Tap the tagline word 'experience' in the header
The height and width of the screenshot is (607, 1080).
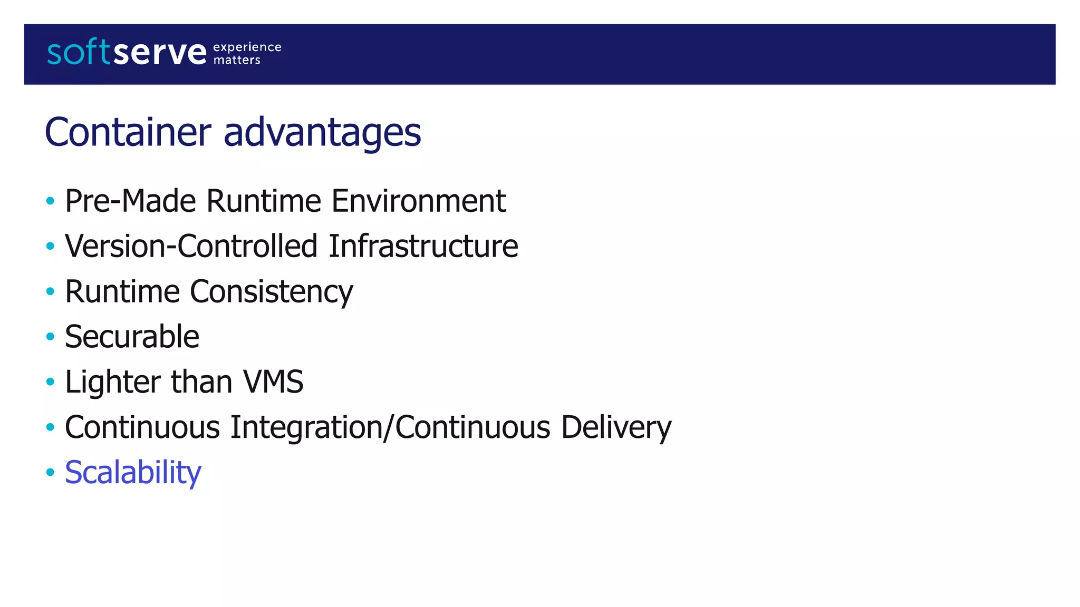[x=247, y=47]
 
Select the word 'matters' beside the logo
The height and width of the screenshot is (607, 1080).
[x=237, y=60]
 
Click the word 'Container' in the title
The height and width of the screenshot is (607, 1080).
[x=128, y=132]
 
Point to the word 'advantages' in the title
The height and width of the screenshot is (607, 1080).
[x=322, y=133]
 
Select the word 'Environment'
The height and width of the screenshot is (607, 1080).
[x=419, y=201]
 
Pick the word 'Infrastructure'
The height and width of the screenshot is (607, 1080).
[x=423, y=246]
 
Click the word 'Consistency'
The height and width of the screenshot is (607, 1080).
[x=271, y=292]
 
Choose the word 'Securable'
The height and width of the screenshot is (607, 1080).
[x=132, y=337]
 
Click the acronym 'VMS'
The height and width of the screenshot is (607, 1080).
[x=273, y=381]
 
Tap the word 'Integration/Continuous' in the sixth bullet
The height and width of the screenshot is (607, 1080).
[x=390, y=427]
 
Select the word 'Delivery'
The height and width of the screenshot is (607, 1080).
[x=616, y=427]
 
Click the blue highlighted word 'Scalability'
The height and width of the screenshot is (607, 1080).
[x=133, y=473]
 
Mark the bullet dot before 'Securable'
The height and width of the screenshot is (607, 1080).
[x=50, y=336]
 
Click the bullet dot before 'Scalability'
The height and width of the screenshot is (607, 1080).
[x=50, y=472]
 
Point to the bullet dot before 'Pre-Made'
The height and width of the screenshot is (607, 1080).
[x=50, y=200]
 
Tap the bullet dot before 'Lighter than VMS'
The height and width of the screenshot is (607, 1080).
[x=50, y=381]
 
